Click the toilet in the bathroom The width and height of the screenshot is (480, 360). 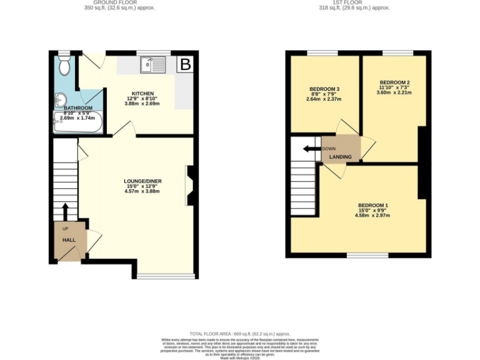64,65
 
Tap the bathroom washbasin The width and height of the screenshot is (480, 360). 60,99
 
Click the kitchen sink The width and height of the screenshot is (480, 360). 153,64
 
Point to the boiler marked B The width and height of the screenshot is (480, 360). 185,64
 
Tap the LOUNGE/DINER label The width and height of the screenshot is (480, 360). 142,181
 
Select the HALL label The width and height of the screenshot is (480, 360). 68,239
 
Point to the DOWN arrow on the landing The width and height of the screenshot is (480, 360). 307,149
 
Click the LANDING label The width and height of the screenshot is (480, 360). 341,157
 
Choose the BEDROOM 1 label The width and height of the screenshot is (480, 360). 373,206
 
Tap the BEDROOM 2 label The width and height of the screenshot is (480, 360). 394,82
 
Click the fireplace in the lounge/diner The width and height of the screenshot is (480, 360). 191,185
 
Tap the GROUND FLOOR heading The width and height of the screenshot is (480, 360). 119,2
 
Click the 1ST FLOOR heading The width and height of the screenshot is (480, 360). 354,2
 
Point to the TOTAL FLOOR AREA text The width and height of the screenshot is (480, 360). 240,334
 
